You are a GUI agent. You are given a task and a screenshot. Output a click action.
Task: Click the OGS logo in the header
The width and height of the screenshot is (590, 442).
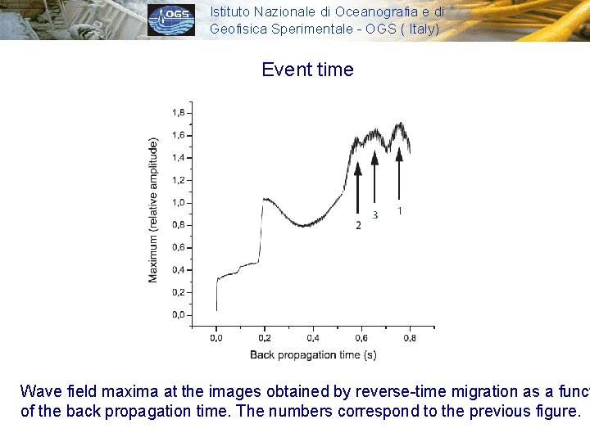pos(171,20)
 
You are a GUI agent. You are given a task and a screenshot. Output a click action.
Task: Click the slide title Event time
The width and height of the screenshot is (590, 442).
pos(307,70)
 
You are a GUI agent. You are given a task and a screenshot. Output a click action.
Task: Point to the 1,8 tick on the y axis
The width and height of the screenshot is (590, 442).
pos(178,113)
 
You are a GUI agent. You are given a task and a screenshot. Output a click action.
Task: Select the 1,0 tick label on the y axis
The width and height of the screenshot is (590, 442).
pos(178,203)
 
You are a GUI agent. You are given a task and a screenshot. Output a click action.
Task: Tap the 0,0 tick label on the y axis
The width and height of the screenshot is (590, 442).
pos(178,315)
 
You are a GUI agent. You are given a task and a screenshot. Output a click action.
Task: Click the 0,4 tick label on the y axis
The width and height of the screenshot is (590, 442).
pos(178,270)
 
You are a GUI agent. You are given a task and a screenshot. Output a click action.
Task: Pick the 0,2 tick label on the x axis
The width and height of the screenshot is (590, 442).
pos(265,337)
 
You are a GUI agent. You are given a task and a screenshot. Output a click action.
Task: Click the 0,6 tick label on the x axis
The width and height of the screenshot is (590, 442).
pos(361,337)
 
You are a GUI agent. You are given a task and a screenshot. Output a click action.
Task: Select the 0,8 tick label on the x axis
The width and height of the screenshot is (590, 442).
pos(410,337)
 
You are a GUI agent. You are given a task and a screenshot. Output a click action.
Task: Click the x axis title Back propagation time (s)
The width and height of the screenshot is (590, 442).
pos(314,354)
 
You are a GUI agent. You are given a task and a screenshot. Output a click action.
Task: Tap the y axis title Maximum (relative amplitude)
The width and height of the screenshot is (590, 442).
pos(153,210)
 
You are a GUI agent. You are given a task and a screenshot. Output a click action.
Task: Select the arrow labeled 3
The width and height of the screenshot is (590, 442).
pos(374,176)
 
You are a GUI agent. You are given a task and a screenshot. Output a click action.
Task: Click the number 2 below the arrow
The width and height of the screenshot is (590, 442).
pos(358,225)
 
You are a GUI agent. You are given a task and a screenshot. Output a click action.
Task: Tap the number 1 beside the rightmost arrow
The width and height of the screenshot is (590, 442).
pos(399,211)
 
